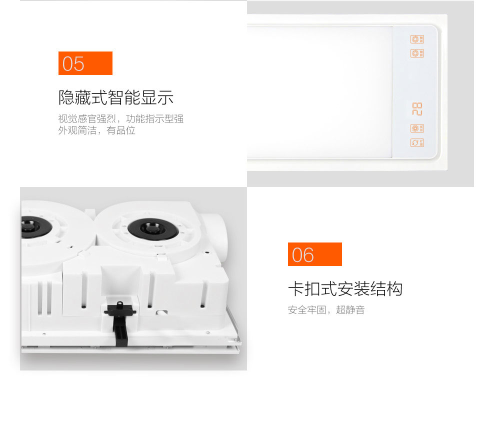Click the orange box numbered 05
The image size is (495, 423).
[85, 63]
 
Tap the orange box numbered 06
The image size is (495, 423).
[314, 254]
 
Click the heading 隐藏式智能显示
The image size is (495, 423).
[116, 97]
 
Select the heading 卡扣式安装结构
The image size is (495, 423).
[345, 289]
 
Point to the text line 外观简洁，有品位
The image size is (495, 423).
[96, 130]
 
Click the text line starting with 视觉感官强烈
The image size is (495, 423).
[121, 118]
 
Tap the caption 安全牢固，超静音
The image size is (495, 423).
[326, 310]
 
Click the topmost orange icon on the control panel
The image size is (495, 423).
[417, 39]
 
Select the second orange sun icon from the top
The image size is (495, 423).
[417, 53]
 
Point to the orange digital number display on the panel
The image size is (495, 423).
[417, 109]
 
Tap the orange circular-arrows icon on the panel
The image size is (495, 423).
[417, 142]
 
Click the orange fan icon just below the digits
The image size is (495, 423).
[417, 128]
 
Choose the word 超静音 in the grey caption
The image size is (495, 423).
[350, 310]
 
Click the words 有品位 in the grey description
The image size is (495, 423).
[121, 130]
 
